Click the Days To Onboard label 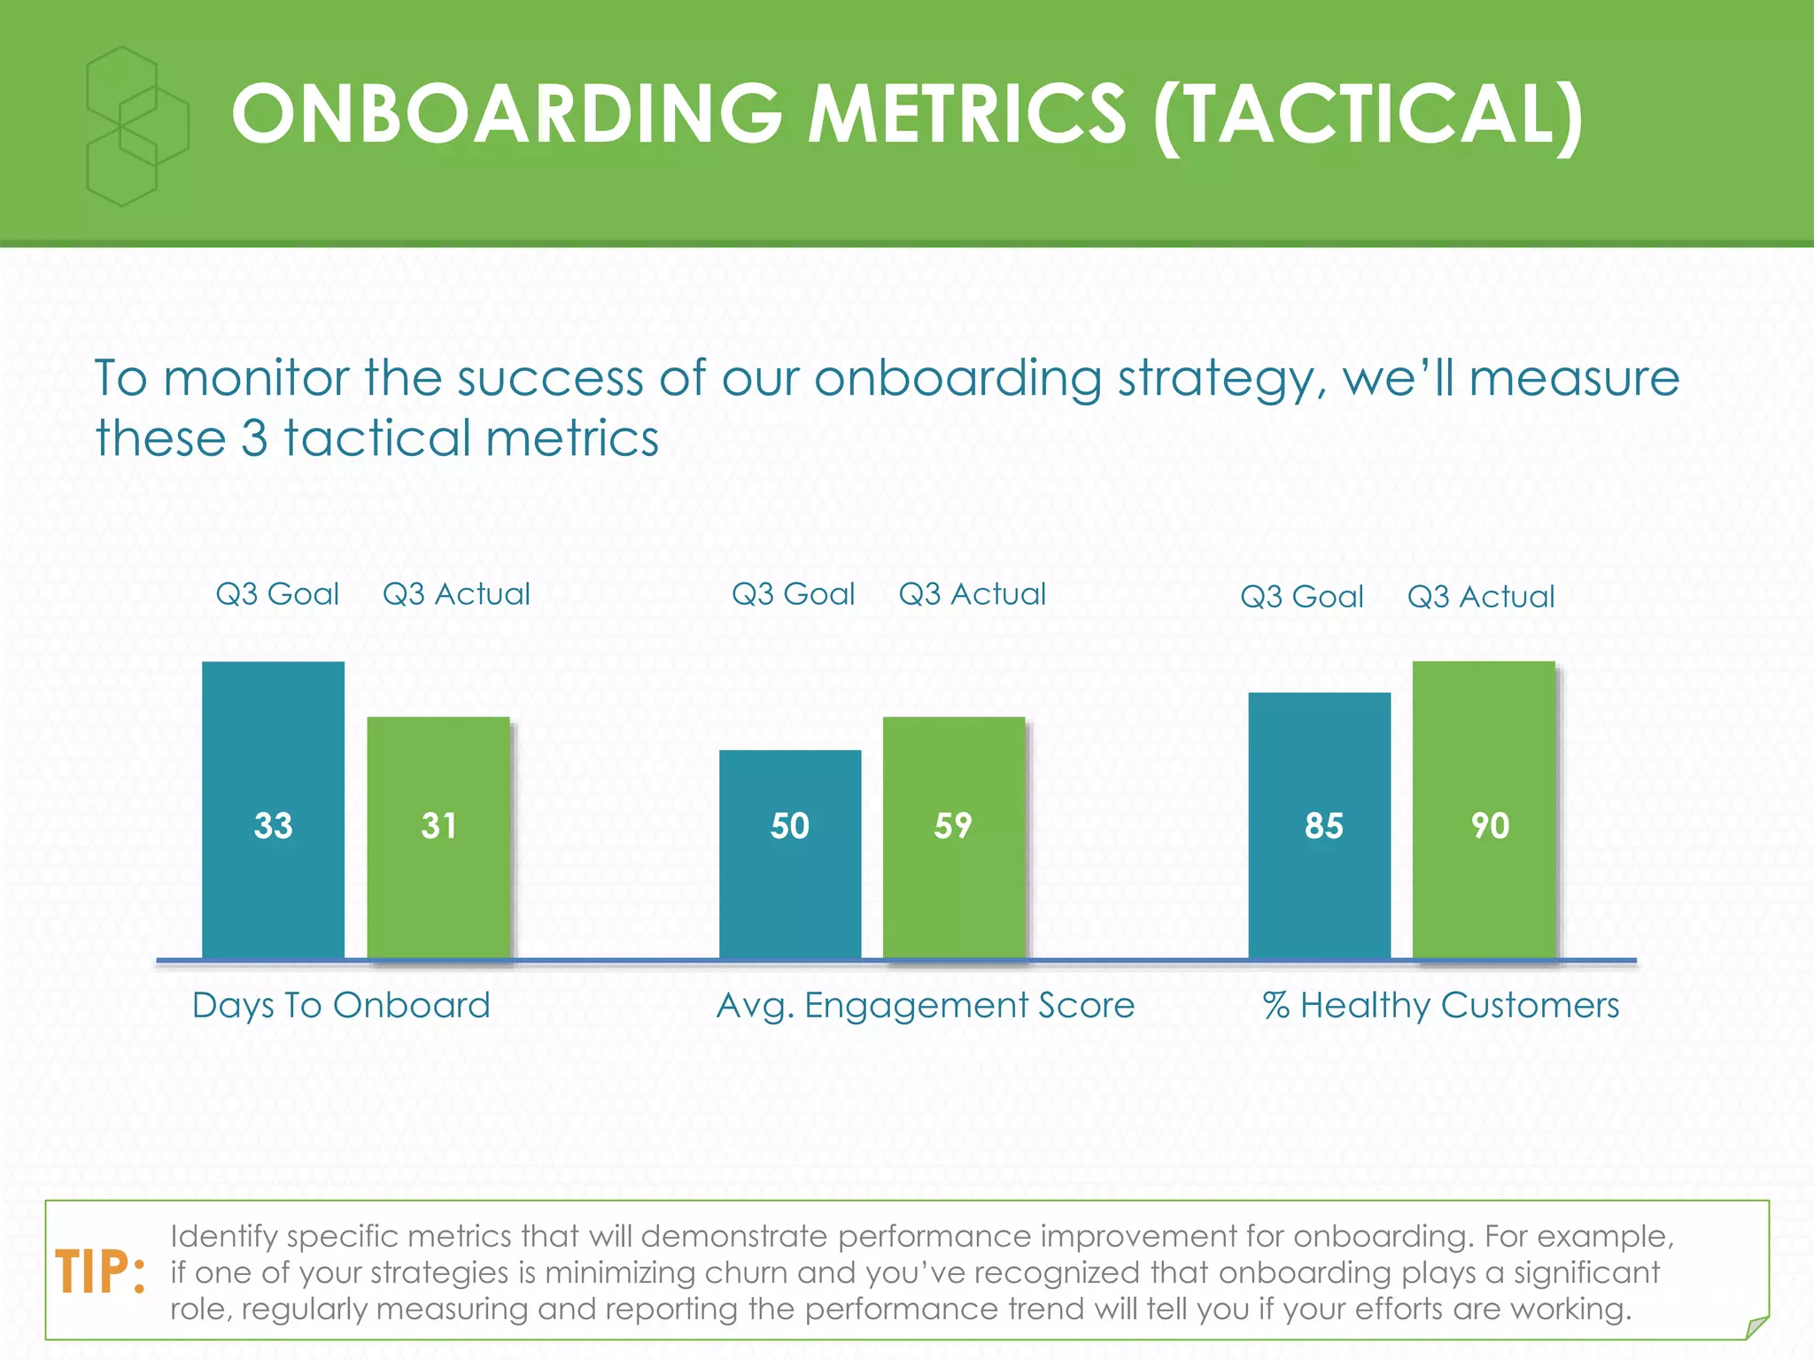tap(341, 1006)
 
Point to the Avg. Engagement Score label tap(925, 1006)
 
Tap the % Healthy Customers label tap(1441, 1006)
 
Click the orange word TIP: tap(100, 1273)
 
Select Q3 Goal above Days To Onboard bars tap(277, 594)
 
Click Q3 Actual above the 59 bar tap(972, 594)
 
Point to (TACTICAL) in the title tap(1367, 115)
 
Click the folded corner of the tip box tap(1756, 1327)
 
